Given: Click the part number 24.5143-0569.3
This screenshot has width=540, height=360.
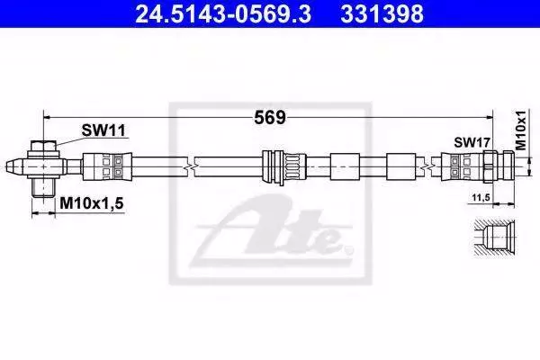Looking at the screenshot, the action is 223,14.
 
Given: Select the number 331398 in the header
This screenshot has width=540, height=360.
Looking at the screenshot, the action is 382,14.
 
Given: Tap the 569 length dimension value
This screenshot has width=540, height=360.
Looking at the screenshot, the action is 270,118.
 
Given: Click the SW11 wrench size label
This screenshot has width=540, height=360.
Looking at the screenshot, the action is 103,130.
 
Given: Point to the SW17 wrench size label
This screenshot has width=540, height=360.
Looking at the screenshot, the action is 472,142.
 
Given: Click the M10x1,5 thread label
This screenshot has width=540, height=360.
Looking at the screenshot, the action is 92,203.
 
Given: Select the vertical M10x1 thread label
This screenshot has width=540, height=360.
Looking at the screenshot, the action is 521,130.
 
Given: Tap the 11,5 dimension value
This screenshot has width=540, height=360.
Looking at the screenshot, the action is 481,198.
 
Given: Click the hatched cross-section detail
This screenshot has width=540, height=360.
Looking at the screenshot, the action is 494,238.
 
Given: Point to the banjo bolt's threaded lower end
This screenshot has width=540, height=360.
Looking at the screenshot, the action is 43,188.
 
